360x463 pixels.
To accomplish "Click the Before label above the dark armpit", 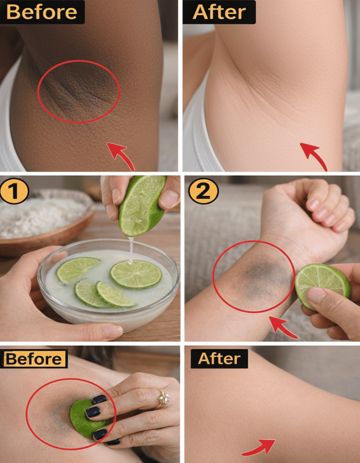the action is (42, 12).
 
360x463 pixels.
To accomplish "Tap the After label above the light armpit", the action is (219, 12).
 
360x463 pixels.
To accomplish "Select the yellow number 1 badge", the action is (14, 191).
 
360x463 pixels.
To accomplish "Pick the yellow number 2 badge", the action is (203, 191).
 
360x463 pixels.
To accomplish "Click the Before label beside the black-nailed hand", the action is (34, 359).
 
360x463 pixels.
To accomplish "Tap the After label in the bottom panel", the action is (219, 359).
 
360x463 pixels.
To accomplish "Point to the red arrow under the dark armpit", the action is (121, 156).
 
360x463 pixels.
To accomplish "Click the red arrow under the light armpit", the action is (314, 156).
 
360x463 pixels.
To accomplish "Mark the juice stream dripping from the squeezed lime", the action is (131, 250).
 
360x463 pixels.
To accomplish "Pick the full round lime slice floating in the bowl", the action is (136, 274).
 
